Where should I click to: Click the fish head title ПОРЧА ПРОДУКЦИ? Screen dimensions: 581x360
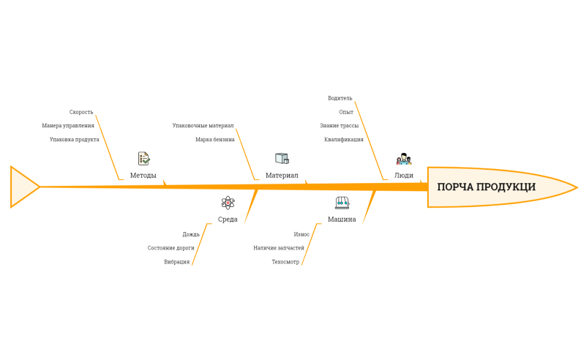486,187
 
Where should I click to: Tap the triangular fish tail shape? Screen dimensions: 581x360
22,187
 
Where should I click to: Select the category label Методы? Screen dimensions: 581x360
143,175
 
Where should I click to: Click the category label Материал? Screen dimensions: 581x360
282,175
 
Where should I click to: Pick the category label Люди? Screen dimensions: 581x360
403,175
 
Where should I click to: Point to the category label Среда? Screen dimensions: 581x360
228,220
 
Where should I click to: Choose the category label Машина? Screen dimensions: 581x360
342,220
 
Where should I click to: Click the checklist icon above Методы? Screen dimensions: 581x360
143,159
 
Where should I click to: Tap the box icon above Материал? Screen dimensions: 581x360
282,159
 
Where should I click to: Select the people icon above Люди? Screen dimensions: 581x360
404,159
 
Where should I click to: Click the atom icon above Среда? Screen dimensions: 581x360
228,203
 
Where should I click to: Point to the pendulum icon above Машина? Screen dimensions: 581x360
342,203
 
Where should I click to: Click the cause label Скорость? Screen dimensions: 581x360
81,112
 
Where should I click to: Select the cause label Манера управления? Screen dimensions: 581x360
68,126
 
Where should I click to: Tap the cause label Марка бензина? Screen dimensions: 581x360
215,140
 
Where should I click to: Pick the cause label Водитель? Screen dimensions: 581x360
340,98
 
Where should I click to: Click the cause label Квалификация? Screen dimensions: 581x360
343,140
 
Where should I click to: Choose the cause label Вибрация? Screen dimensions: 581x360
176,262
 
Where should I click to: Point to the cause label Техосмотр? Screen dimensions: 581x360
285,262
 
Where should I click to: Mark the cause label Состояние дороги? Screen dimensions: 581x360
170,248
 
